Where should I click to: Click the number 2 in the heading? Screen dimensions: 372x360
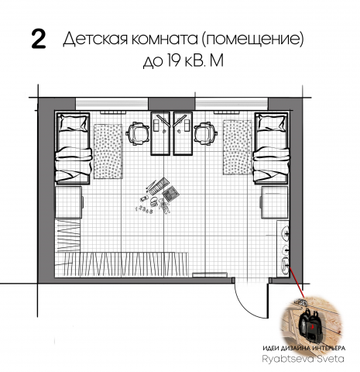(x=36, y=41)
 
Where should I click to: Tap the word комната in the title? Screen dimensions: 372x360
(x=165, y=40)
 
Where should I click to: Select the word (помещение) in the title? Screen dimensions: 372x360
(x=255, y=40)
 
